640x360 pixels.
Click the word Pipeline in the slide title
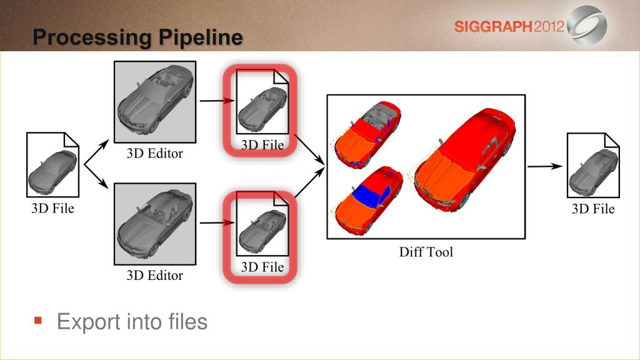[x=201, y=38]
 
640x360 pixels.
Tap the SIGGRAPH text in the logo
[x=494, y=27]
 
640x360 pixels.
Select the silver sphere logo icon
[x=587, y=25]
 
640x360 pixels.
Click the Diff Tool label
[x=426, y=252]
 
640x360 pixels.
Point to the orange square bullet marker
[x=38, y=321]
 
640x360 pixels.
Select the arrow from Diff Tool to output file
[x=545, y=166]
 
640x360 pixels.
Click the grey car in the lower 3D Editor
[x=155, y=224]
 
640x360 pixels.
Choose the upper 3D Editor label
[x=155, y=154]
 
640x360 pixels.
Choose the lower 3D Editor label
[x=155, y=276]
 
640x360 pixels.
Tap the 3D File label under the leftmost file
[x=52, y=209]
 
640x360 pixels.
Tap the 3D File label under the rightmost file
[x=593, y=209]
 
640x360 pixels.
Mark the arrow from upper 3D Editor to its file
[x=217, y=101]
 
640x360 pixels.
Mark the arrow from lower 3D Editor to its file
[x=217, y=222]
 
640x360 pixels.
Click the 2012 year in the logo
[x=549, y=27]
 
